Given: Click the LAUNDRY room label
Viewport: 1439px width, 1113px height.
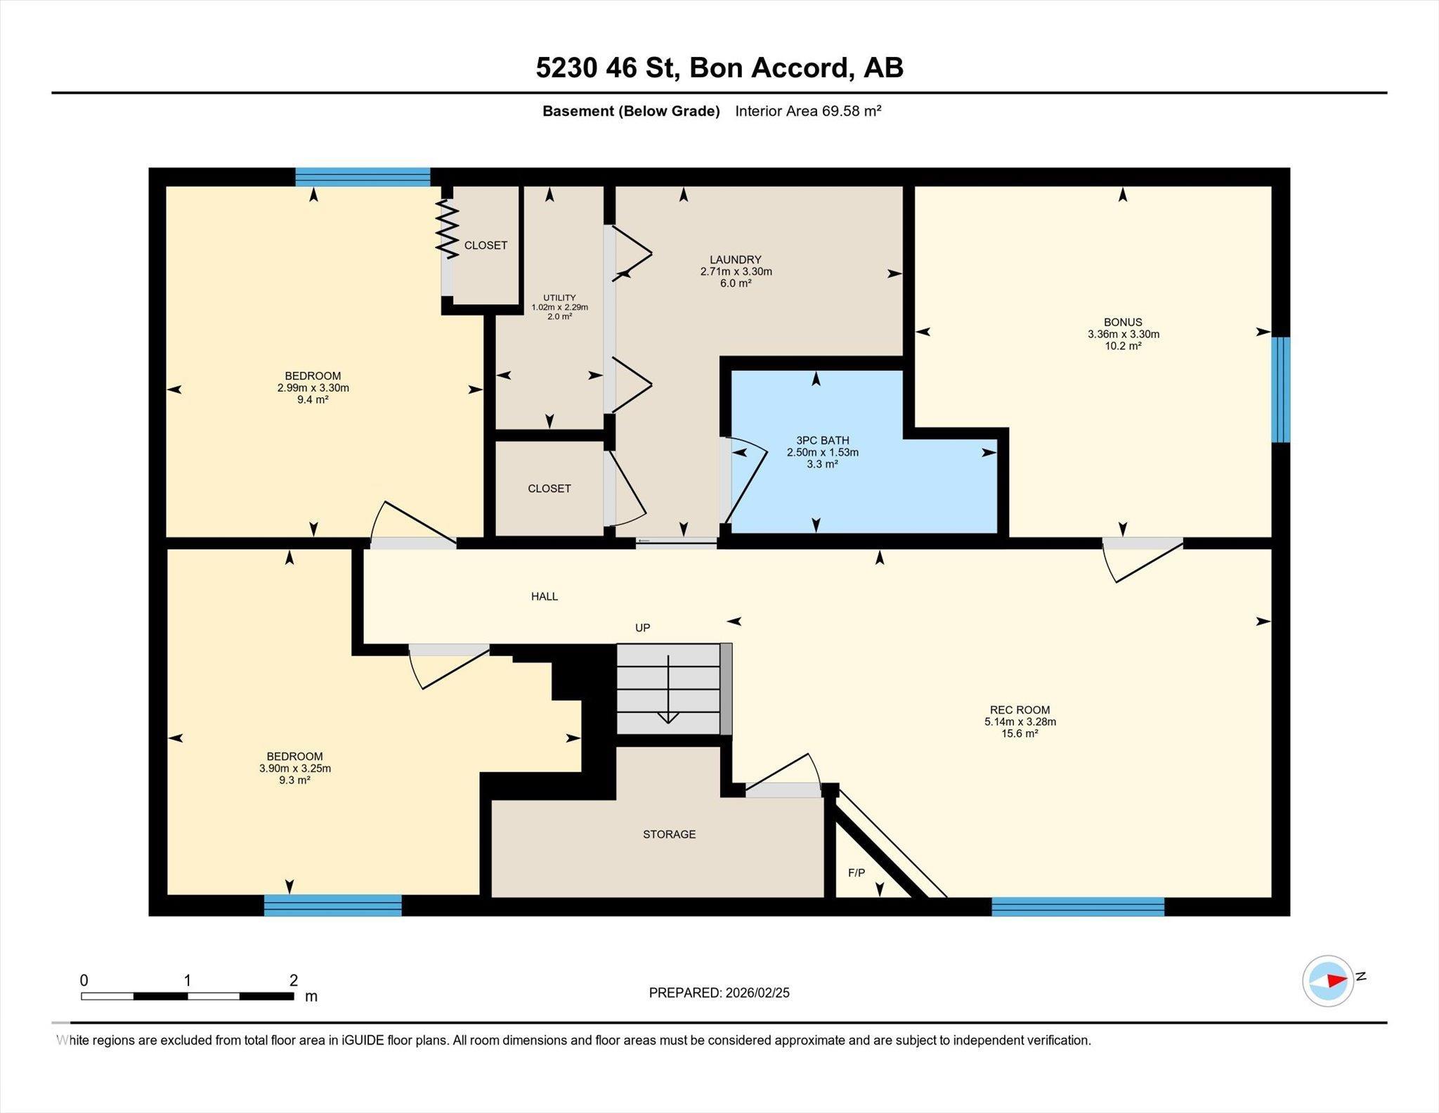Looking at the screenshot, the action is point(736,259).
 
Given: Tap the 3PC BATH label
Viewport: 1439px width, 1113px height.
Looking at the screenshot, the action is point(822,441).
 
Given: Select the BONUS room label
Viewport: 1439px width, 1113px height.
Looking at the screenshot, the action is point(1123,323).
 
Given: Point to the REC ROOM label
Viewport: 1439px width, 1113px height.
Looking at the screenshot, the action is point(1020,710).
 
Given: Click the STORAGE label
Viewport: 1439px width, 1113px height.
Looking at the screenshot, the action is point(669,835).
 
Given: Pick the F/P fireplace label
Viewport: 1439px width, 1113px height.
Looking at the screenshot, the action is point(857,873).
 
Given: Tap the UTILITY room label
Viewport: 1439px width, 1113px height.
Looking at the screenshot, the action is point(559,297).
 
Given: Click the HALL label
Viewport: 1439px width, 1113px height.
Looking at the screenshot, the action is point(545,597).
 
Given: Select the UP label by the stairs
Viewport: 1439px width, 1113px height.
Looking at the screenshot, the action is point(642,628).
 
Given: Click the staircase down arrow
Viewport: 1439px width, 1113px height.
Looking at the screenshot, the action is point(668,689).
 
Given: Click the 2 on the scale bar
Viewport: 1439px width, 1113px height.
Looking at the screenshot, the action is point(294,980).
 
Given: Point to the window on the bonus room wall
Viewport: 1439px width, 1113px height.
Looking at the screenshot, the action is point(1282,390).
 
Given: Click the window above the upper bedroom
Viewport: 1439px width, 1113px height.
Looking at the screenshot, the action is point(363,176).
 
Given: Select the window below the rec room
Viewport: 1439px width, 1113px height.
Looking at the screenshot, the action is point(1078,906).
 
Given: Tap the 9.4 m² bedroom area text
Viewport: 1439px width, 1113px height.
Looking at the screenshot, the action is point(313,400).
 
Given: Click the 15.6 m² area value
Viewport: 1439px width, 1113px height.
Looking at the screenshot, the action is point(1020,734).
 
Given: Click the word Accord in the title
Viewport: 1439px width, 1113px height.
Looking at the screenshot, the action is point(799,68).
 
